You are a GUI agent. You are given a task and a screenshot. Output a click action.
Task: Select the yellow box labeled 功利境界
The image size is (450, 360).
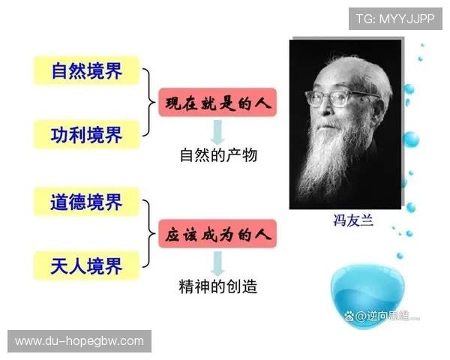[87, 135]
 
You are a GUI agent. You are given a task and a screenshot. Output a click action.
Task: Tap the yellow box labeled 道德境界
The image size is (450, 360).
[87, 202]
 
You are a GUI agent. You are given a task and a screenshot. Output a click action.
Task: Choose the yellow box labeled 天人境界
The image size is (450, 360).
[87, 266]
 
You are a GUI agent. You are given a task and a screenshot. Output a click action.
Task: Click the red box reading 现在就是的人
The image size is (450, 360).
[217, 101]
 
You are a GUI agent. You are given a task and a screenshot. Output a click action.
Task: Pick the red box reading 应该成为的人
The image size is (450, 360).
[217, 233]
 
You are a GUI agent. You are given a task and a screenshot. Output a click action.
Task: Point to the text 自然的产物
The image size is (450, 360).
[218, 156]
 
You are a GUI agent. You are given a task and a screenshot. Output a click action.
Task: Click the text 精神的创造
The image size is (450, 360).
[218, 287]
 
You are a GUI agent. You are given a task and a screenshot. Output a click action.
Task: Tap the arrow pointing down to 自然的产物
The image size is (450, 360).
[217, 131]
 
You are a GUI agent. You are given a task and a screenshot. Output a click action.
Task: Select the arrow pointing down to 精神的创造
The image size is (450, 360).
[217, 262]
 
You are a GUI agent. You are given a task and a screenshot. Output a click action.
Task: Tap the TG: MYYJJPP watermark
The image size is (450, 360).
[394, 19]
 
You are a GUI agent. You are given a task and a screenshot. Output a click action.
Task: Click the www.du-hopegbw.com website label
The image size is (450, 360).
[79, 341]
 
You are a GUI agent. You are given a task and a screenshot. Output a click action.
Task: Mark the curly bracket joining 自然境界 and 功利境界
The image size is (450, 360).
[148, 103]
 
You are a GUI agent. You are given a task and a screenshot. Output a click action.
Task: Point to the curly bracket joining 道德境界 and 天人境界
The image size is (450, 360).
[148, 234]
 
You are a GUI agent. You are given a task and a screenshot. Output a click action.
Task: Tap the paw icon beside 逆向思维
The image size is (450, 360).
[349, 316]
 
